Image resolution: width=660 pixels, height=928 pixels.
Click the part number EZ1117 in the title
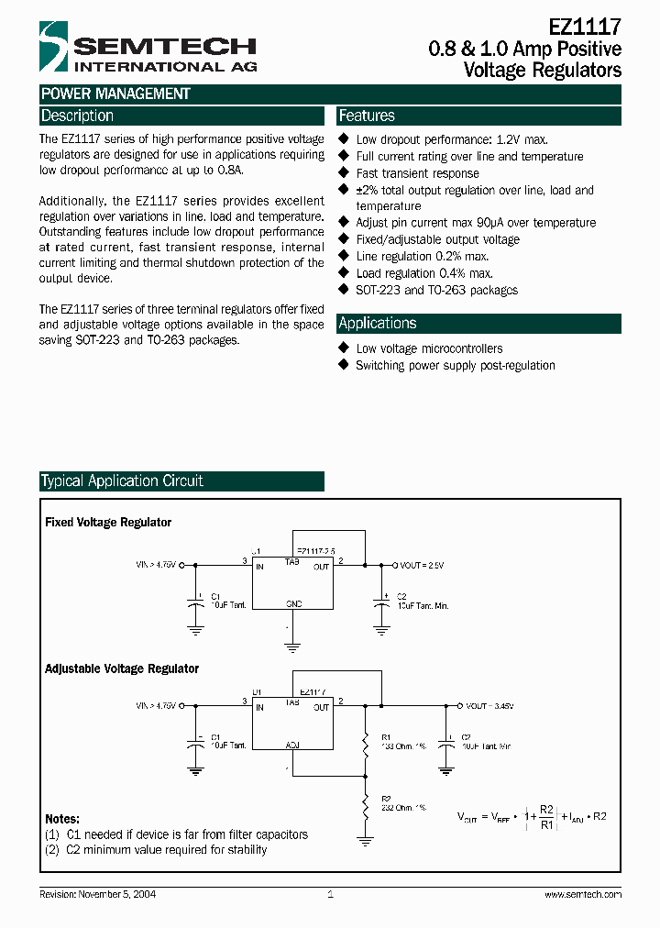586,28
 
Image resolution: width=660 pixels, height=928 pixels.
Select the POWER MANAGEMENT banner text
115,94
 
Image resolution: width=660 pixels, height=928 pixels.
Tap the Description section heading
77,116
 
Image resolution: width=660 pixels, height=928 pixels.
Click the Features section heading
367,116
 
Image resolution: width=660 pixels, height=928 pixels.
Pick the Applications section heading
377,324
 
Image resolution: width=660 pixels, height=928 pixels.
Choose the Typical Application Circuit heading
122,481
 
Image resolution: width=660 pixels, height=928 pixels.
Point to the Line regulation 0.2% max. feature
423,257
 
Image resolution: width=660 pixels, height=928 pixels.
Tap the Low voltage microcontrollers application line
429,348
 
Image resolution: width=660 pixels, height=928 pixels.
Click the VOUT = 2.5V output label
422,566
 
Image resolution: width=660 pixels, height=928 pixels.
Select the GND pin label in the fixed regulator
293,604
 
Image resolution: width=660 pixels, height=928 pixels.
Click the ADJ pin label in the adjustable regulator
292,746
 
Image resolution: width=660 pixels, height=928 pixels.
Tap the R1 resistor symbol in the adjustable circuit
365,743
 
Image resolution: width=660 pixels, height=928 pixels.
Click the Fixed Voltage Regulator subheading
108,523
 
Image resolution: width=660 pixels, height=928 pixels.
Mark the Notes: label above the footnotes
62,819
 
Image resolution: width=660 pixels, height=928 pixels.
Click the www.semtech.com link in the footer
583,894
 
